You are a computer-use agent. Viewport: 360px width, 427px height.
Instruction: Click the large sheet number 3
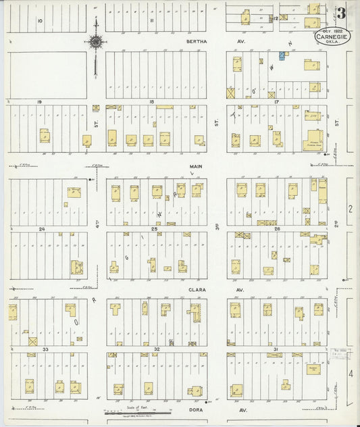[342, 13]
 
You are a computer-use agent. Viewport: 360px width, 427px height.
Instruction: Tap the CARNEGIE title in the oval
[332, 37]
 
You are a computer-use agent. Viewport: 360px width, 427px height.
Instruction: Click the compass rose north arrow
[96, 42]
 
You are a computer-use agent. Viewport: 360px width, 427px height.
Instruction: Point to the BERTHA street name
[195, 41]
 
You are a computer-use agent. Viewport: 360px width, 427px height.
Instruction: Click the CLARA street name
[196, 288]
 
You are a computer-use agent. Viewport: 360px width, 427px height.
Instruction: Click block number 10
[41, 21]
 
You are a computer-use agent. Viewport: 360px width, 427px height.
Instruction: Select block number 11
[152, 21]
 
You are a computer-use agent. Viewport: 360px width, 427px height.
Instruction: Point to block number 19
[41, 101]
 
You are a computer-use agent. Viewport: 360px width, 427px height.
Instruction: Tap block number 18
[152, 101]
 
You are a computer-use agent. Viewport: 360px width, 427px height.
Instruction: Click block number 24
[41, 229]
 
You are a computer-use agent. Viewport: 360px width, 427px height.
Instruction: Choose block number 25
[155, 229]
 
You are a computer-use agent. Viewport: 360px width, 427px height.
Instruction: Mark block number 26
[277, 229]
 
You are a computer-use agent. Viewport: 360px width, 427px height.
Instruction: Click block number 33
[45, 349]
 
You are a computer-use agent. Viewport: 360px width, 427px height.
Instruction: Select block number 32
[156, 349]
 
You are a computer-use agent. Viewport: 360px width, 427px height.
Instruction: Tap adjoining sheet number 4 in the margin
[351, 373]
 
